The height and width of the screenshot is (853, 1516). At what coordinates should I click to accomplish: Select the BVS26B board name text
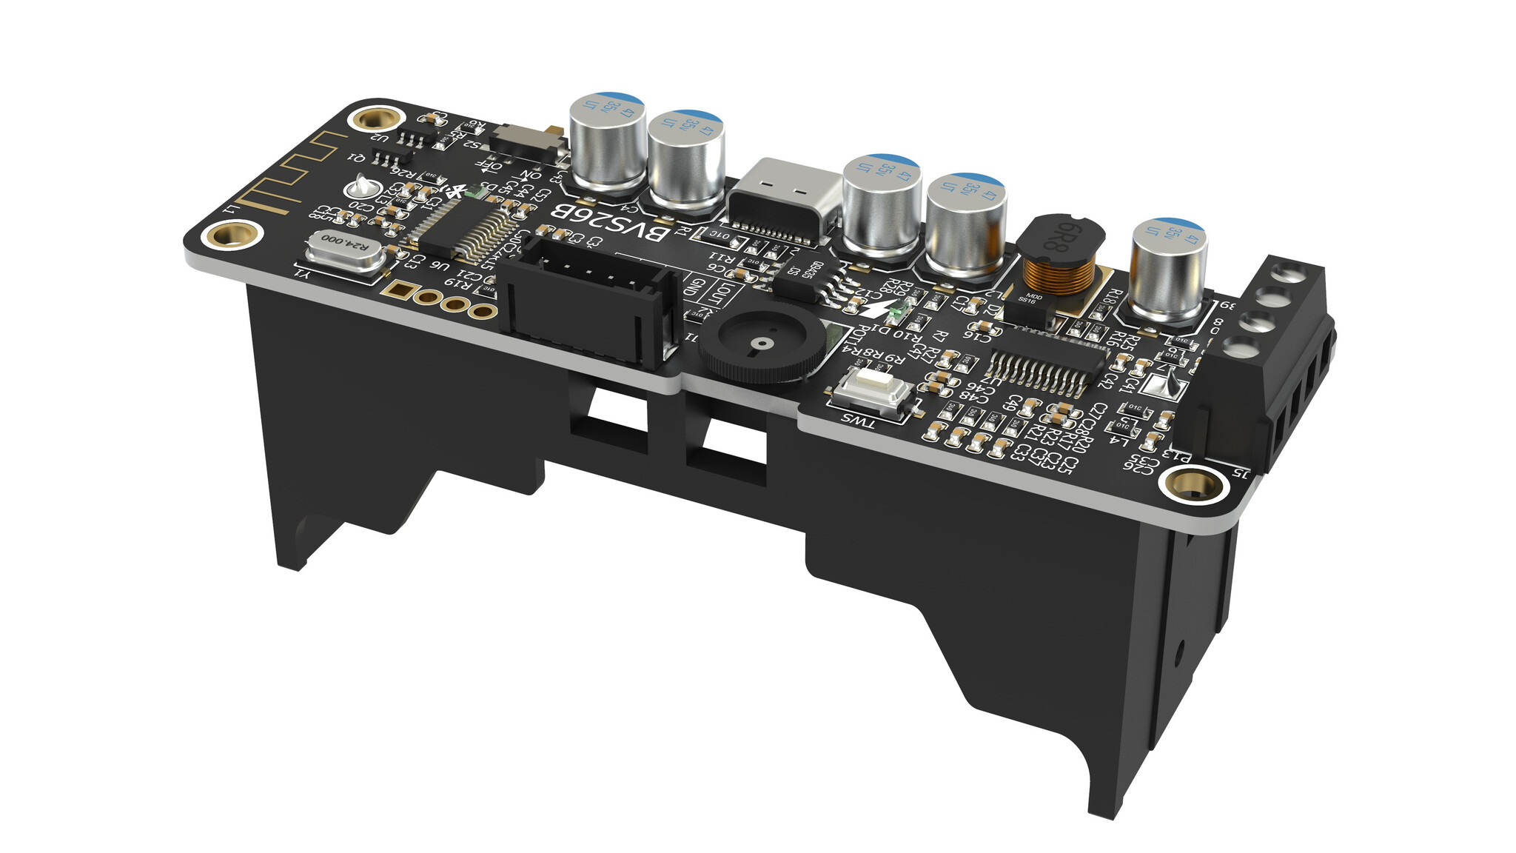(x=611, y=223)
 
